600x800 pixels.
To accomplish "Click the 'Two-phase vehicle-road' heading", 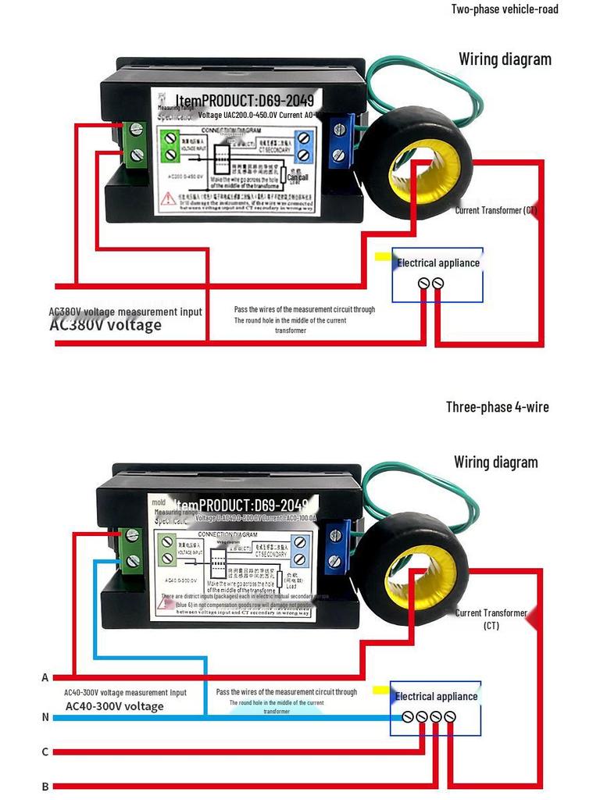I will click(505, 9).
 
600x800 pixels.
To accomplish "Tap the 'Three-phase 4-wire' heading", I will click(497, 407).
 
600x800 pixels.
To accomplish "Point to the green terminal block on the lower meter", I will click(132, 547).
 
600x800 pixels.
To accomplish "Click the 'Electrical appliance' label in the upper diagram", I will click(438, 263).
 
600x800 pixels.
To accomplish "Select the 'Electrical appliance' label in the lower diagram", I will click(436, 696).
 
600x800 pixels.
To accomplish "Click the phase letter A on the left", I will click(45, 677).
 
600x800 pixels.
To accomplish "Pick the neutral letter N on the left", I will click(45, 716).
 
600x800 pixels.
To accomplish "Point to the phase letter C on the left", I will click(45, 752).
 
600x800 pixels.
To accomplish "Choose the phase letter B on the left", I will click(45, 787).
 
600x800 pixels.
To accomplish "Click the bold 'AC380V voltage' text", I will click(105, 326).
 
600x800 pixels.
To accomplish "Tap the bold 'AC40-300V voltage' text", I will click(114, 706).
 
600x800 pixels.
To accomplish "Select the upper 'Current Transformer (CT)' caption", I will click(495, 210).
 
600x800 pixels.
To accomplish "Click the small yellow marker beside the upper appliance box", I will click(383, 256).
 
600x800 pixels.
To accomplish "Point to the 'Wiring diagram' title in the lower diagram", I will click(495, 462).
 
